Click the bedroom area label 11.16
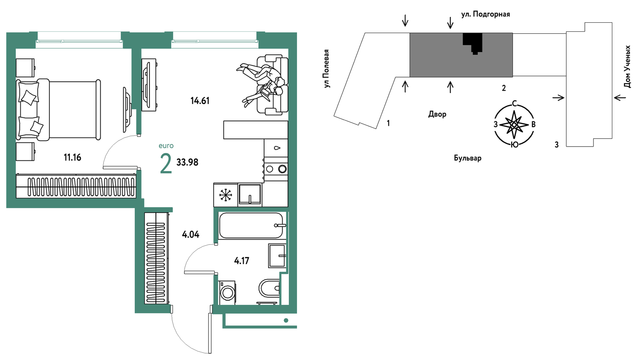(x=72, y=157)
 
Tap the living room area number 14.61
(x=200, y=100)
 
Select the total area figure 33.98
(x=187, y=162)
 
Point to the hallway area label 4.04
(x=191, y=235)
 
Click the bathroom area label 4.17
(x=242, y=261)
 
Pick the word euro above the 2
(x=166, y=146)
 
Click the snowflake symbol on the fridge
(x=226, y=195)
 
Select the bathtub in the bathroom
(x=251, y=226)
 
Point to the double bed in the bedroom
(x=58, y=109)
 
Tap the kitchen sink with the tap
(x=250, y=194)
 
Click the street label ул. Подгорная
(x=486, y=14)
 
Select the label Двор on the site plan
(x=437, y=114)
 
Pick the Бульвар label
(x=467, y=158)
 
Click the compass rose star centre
(x=514, y=125)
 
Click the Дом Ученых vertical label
(x=627, y=66)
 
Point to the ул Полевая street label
(x=326, y=68)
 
